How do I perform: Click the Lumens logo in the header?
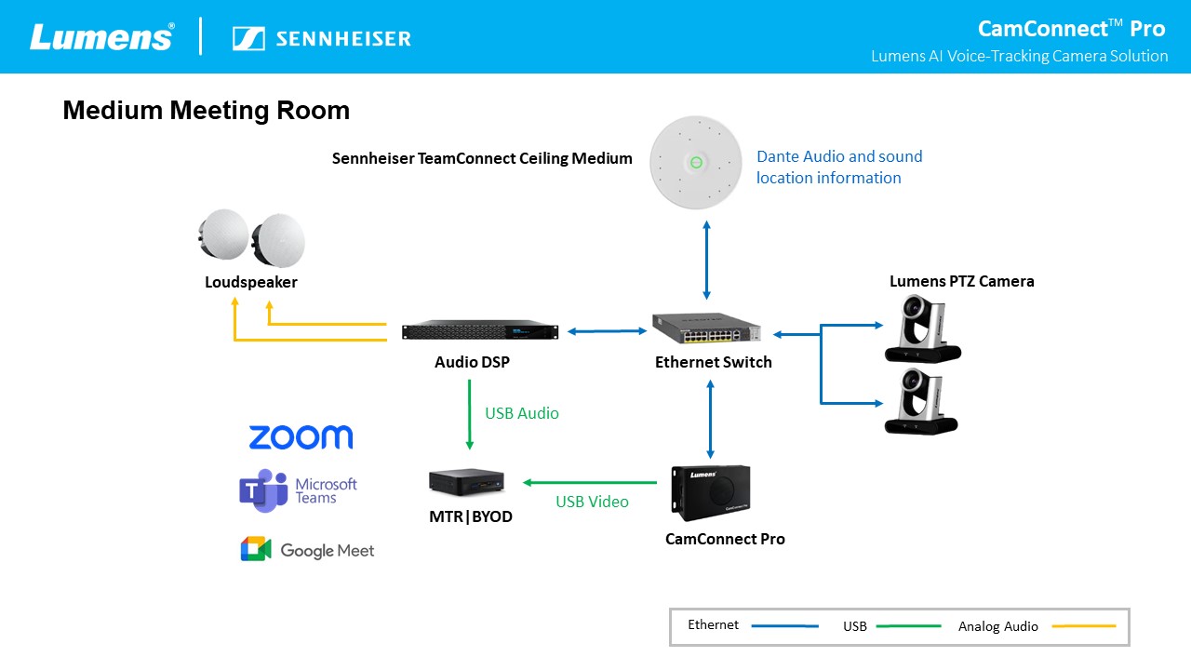[x=101, y=37]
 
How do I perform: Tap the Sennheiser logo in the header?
[x=322, y=38]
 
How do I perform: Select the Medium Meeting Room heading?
[x=206, y=111]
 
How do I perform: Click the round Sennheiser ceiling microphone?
[x=695, y=164]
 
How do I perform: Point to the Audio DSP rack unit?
[x=479, y=332]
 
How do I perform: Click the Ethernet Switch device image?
[x=706, y=328]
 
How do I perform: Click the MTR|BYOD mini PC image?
[x=466, y=482]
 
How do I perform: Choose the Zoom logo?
[x=301, y=437]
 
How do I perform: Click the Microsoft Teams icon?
[x=263, y=490]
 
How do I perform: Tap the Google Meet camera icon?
[x=255, y=550]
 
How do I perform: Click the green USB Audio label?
[x=522, y=413]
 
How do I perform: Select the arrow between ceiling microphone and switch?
[x=707, y=260]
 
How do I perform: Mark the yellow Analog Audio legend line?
[x=1084, y=626]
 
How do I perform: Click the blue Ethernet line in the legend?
[x=784, y=626]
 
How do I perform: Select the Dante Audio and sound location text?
[x=838, y=167]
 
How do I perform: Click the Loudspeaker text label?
[x=251, y=282]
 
